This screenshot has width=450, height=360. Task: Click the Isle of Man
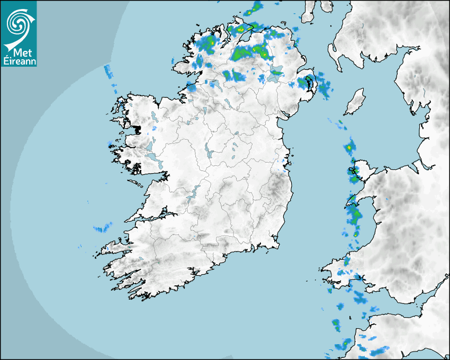click(x=355, y=102)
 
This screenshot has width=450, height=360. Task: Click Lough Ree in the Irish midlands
click(x=209, y=154)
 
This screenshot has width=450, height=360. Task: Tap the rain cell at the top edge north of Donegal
click(x=257, y=7)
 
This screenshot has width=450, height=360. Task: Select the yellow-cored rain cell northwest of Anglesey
click(x=349, y=147)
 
